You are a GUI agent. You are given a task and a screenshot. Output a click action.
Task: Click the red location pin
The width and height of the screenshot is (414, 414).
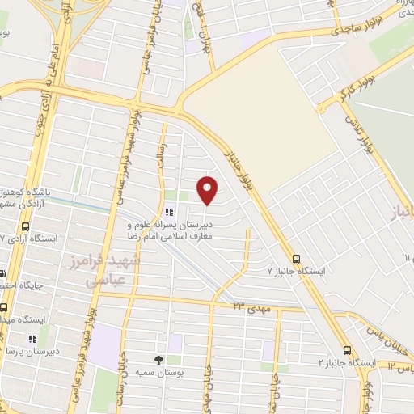click(x=208, y=190)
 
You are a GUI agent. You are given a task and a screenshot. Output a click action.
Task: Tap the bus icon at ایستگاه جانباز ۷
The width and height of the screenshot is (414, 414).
click(x=297, y=260)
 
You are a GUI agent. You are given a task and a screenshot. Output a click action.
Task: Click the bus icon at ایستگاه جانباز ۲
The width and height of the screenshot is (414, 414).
click(x=347, y=350)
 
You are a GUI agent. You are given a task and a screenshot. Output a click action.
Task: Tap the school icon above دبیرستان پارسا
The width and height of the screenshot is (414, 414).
click(x=33, y=339)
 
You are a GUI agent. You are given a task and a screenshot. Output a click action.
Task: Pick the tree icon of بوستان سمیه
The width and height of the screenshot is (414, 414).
click(x=158, y=358)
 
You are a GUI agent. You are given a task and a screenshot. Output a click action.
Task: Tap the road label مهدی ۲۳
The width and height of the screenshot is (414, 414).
click(x=250, y=306)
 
